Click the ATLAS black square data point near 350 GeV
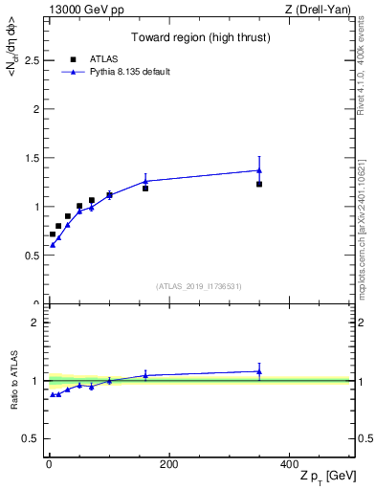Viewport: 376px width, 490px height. [x=259, y=184]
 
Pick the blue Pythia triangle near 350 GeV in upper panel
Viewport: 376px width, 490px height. [x=259, y=170]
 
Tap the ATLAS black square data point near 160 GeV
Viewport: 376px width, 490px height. [x=145, y=189]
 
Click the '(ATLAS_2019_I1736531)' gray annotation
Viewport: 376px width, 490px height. [x=199, y=286]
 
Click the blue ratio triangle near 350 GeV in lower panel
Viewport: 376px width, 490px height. [x=259, y=371]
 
